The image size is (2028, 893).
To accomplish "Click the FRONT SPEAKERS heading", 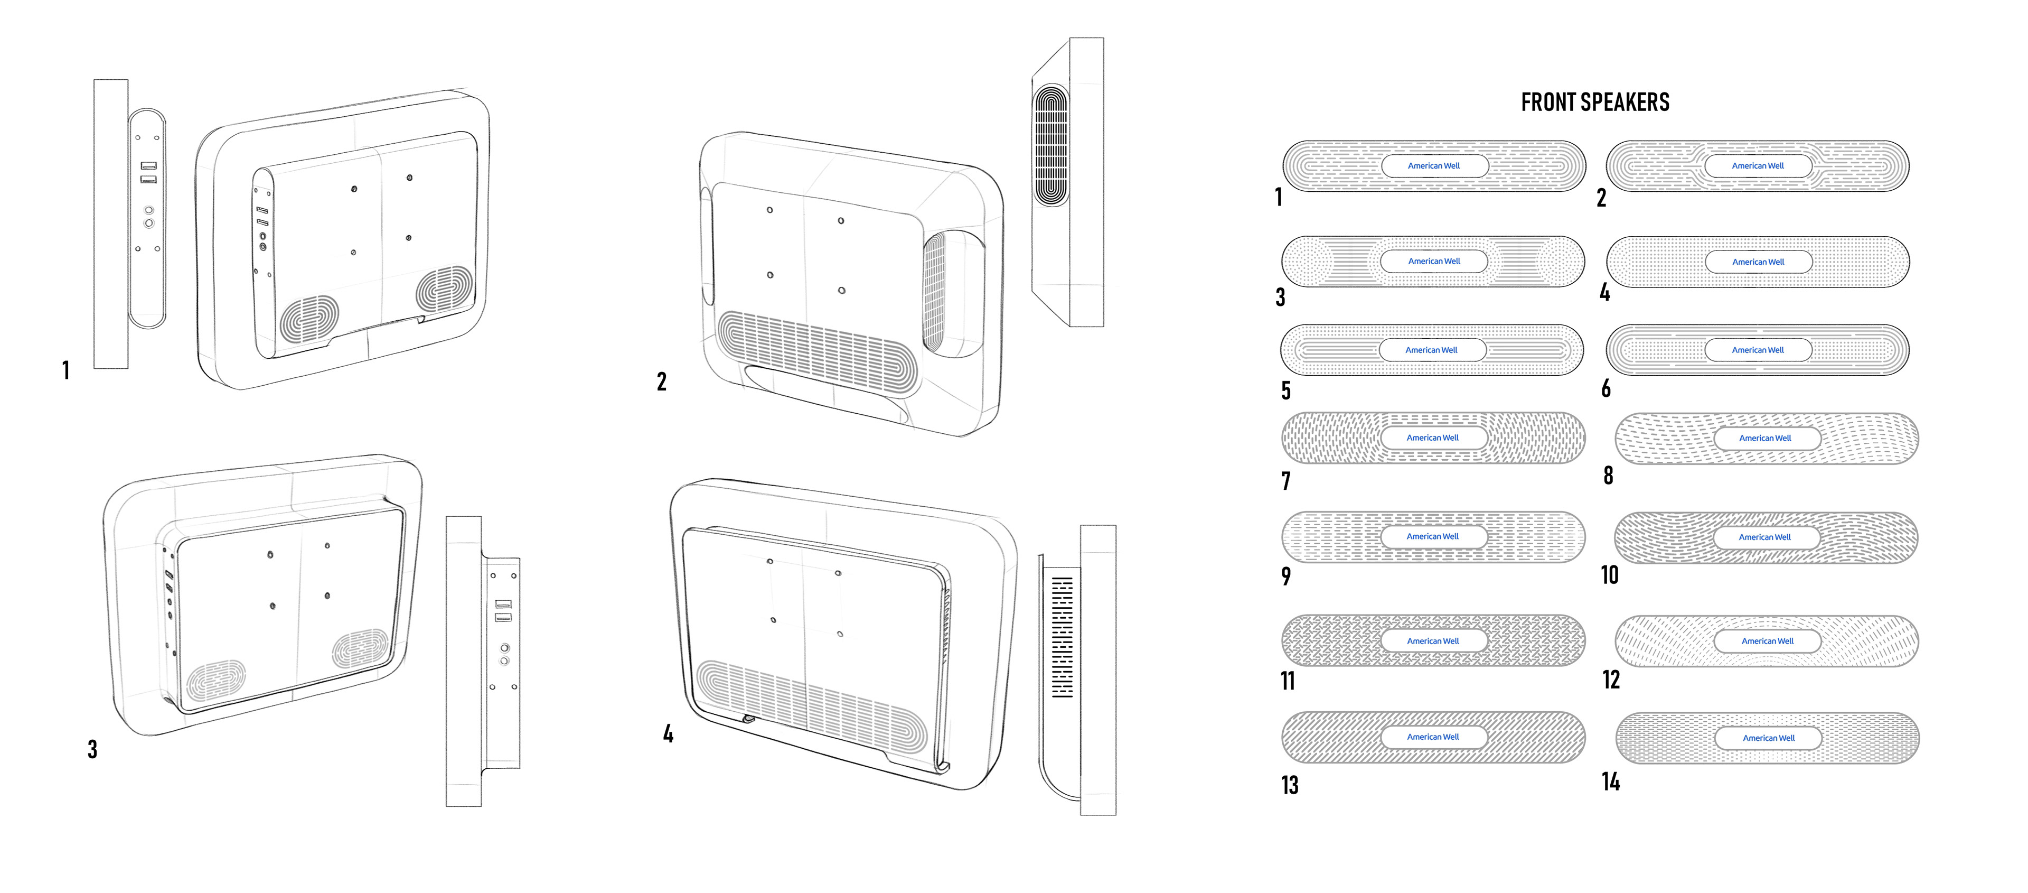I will pyautogui.click(x=1595, y=103).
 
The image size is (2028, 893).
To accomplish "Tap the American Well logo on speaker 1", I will pyautogui.click(x=1434, y=166).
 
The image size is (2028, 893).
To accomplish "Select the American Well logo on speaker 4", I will pyautogui.click(x=1758, y=262).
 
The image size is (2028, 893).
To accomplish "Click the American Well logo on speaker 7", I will pyautogui.click(x=1433, y=438).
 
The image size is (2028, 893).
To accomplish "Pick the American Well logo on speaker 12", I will pyautogui.click(x=1768, y=641).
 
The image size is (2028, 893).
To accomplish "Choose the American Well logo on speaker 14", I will pyautogui.click(x=1768, y=738).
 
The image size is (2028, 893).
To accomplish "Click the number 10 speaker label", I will pyautogui.click(x=1610, y=575).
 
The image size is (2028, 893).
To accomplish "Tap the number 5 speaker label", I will pyautogui.click(x=1285, y=390).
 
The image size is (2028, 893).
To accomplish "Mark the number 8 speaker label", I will pyautogui.click(x=1608, y=475).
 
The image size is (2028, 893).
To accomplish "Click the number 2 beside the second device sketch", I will pyautogui.click(x=661, y=382).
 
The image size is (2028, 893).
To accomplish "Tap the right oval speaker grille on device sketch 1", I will pyautogui.click(x=445, y=288).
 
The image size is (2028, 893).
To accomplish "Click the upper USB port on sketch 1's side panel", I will pyautogui.click(x=149, y=166).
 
